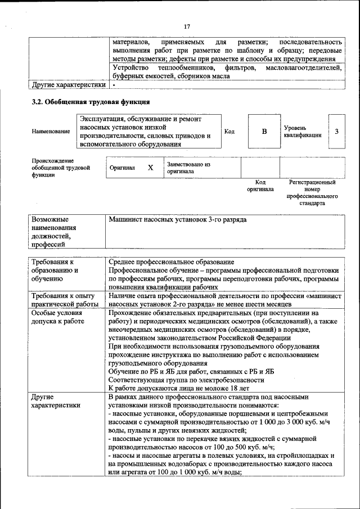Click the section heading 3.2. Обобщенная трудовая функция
tap(90, 102)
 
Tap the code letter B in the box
tap(264, 132)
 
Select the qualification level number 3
tap(336, 132)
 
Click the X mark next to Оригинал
tap(150, 168)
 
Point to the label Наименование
tap(51, 132)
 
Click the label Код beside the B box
tap(229, 132)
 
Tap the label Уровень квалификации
tap(303, 132)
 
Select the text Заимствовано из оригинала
tap(188, 168)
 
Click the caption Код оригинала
tap(260, 186)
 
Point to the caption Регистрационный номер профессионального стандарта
tap(312, 193)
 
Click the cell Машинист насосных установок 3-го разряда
tap(178, 220)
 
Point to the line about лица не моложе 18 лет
tap(179, 389)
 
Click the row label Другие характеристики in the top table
tap(69, 85)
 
